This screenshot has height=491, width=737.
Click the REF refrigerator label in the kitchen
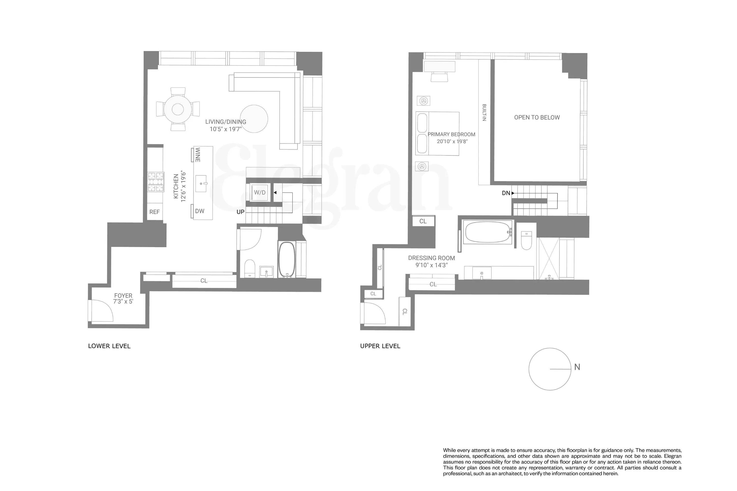[155, 212]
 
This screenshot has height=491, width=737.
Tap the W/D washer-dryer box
[259, 192]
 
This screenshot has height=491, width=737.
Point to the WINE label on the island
[198, 155]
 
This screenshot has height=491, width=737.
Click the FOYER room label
[123, 296]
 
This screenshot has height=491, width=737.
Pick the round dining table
[178, 109]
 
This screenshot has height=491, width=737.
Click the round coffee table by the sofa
[254, 119]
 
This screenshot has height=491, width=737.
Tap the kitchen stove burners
[156, 182]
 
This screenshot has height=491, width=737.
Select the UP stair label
[240, 212]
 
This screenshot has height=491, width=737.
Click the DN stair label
[506, 193]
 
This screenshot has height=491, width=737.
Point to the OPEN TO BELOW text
[537, 117]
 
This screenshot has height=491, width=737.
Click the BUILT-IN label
[484, 112]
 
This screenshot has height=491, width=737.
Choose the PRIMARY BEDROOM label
[451, 134]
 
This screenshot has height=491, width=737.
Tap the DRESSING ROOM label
[431, 258]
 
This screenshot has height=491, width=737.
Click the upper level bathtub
[487, 232]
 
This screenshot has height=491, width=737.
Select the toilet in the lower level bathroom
[250, 268]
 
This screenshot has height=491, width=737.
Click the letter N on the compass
[577, 367]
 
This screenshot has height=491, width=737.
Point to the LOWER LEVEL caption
[109, 346]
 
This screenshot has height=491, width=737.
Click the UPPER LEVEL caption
[380, 346]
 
